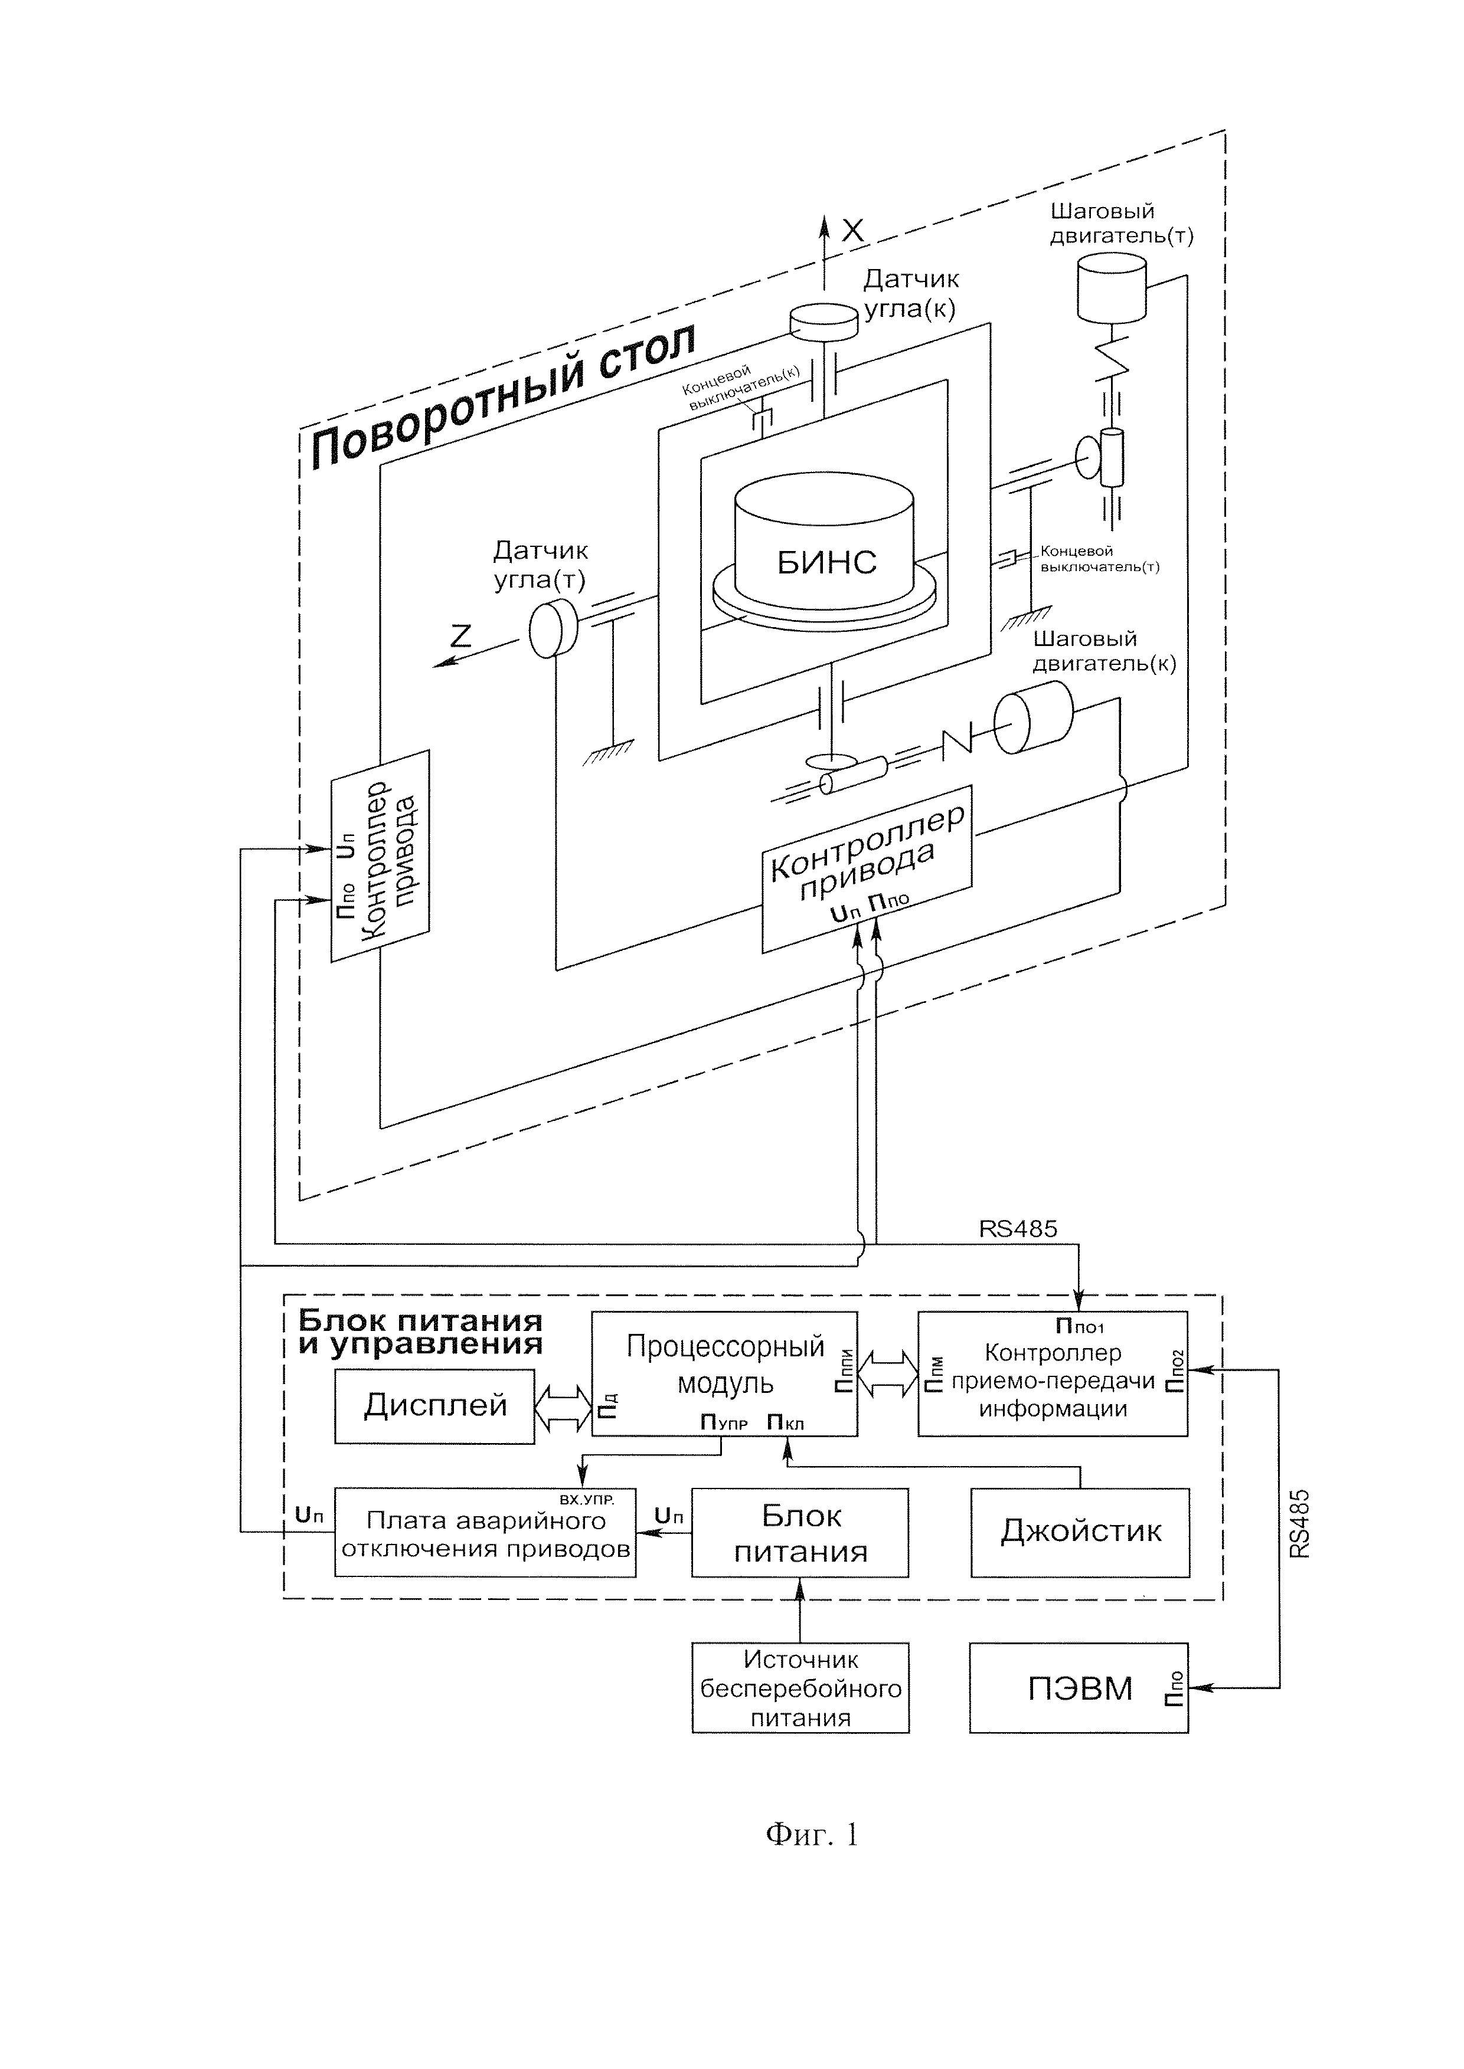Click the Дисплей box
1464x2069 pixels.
(x=434, y=1406)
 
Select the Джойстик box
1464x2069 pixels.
(x=1080, y=1532)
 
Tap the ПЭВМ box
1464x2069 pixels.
(x=1078, y=1688)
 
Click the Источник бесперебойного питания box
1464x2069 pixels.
(x=800, y=1688)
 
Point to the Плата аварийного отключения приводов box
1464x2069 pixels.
(x=485, y=1534)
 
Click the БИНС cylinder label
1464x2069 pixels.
(x=826, y=562)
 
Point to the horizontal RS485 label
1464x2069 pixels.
(x=1018, y=1228)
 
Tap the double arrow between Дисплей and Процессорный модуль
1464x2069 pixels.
(x=563, y=1406)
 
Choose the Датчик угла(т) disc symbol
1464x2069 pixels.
(x=552, y=628)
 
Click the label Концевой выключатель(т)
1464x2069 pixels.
(x=1098, y=559)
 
